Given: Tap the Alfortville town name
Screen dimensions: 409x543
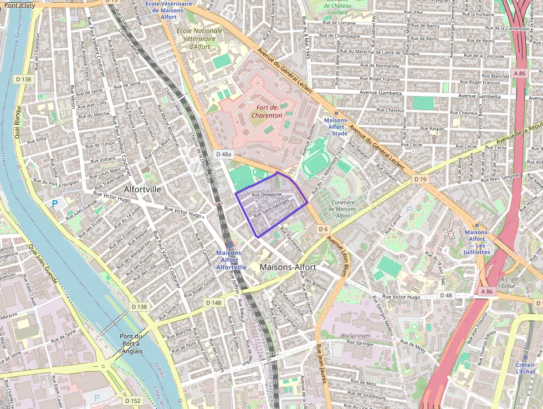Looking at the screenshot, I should (x=142, y=189).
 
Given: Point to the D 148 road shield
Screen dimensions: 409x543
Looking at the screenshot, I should (x=213, y=302).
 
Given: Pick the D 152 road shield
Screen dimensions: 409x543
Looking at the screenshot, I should (x=133, y=400).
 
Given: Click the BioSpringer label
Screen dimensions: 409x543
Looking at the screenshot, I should (x=356, y=335).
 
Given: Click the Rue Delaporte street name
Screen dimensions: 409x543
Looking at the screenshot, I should (x=267, y=195).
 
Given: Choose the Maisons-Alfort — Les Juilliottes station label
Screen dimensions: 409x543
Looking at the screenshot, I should (x=477, y=242).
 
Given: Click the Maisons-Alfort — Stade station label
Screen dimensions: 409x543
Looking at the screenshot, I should (x=336, y=127).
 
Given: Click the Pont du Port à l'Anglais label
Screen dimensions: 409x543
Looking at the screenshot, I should (x=131, y=343).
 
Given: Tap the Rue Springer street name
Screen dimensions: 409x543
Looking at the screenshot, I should (x=360, y=344).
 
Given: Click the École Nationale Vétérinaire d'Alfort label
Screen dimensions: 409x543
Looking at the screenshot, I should (x=199, y=38).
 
